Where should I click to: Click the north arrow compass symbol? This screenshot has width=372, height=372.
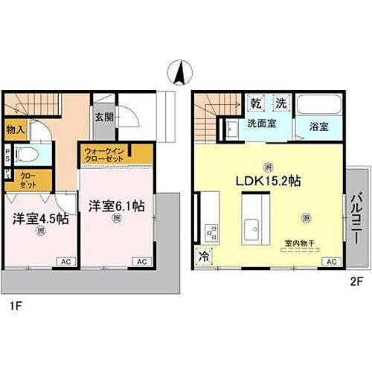click(179, 74)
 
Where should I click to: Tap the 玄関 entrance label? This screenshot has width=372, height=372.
click(103, 116)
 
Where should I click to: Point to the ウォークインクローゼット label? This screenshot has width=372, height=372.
click(105, 154)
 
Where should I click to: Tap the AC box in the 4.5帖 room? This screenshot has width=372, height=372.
click(65, 262)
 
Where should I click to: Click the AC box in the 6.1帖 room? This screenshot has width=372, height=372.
click(139, 262)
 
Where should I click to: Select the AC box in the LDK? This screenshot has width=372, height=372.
click(330, 261)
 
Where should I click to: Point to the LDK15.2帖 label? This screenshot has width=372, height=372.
click(268, 181)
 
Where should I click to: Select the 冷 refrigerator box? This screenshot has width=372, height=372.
click(203, 257)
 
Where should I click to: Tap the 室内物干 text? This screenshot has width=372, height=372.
click(300, 243)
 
